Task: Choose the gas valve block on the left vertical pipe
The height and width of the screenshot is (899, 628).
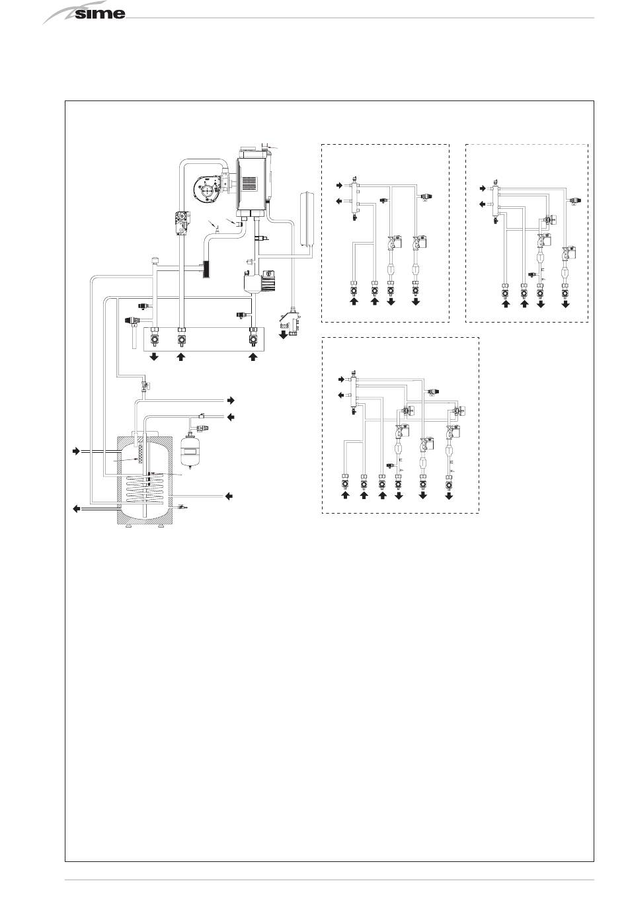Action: pos(180,220)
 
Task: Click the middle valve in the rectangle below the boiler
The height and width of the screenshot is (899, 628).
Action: pos(181,341)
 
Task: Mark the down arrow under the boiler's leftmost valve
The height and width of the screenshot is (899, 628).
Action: pos(153,358)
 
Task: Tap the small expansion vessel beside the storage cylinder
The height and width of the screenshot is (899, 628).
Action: pos(190,449)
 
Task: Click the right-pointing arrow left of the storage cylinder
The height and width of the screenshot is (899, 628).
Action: pos(76,451)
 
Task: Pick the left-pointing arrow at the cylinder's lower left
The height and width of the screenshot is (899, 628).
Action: pos(76,508)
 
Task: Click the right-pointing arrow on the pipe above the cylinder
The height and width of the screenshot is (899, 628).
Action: pos(231,400)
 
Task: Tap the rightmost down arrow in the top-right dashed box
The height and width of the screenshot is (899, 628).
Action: pos(566,305)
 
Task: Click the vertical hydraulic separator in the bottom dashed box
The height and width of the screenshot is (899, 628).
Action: pos(354,393)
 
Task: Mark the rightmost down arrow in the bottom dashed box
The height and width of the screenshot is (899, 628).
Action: pos(449,496)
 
